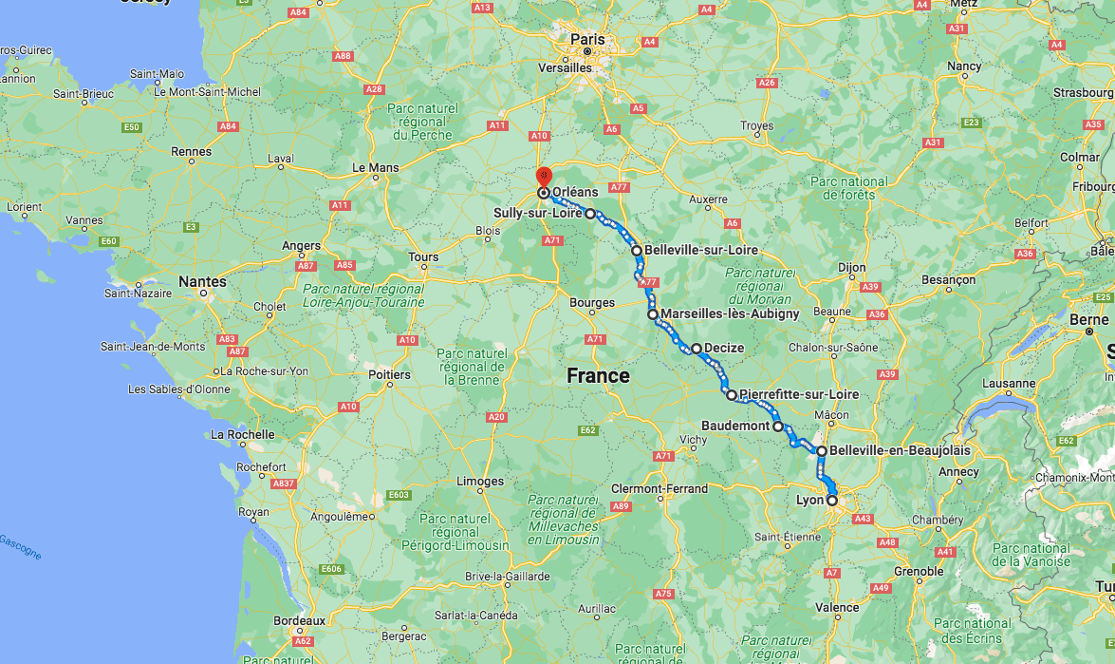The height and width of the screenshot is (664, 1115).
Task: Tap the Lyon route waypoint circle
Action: [832, 500]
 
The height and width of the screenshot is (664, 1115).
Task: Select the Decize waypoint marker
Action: [697, 349]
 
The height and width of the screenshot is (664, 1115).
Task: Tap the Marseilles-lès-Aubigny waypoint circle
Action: [653, 313]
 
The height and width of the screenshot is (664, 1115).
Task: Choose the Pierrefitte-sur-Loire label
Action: [798, 394]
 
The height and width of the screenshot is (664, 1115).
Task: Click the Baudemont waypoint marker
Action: [778, 427]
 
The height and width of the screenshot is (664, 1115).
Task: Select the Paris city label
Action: [587, 39]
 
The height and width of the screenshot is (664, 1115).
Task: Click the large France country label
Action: [598, 376]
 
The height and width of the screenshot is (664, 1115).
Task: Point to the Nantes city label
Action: [203, 281]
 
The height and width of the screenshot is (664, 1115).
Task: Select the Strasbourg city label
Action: [1083, 93]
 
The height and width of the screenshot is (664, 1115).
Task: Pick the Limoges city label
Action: [480, 481]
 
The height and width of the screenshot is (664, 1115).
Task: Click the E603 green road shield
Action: [399, 495]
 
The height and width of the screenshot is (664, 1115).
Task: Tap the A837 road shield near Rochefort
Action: [283, 484]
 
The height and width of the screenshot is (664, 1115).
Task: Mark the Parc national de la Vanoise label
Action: [1033, 555]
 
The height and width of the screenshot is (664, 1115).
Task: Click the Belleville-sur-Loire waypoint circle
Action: [637, 251]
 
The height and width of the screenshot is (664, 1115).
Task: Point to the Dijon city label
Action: [852, 268]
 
